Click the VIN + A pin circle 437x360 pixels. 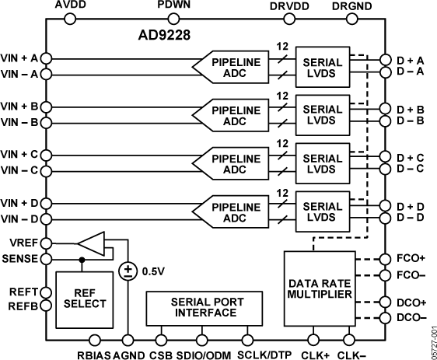[47, 58]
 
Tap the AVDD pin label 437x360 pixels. [72, 6]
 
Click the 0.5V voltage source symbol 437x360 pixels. [126, 271]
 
